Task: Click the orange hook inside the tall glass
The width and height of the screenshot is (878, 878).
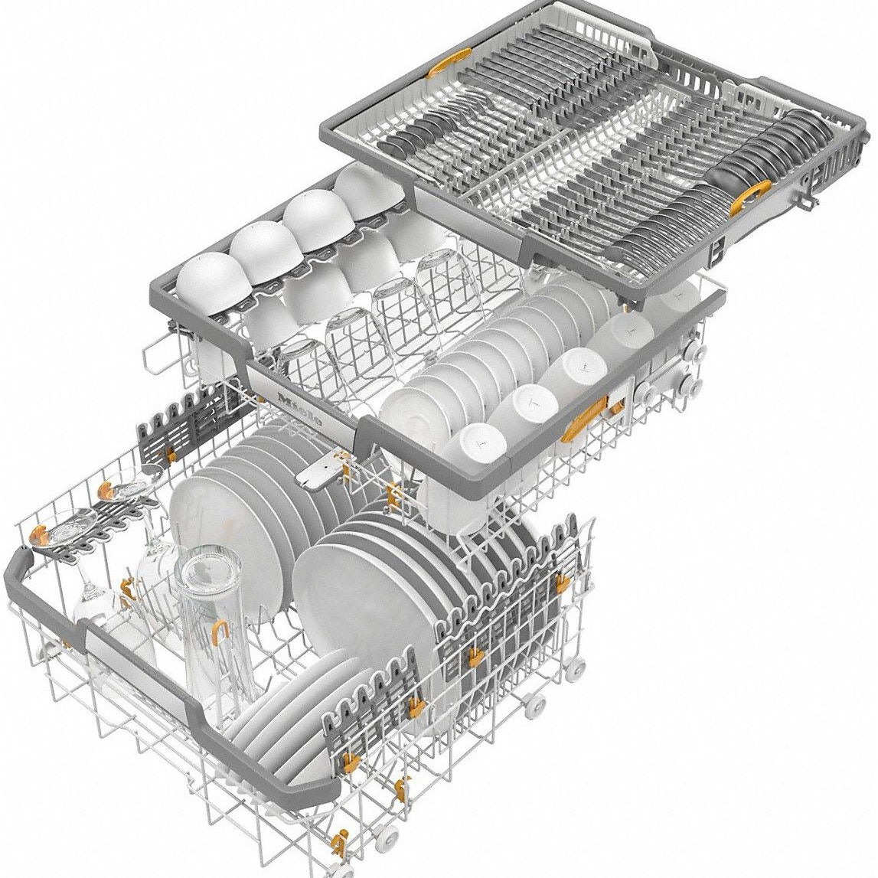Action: pos(220,636)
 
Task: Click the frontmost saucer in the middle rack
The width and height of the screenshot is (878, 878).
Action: pos(415,413)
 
